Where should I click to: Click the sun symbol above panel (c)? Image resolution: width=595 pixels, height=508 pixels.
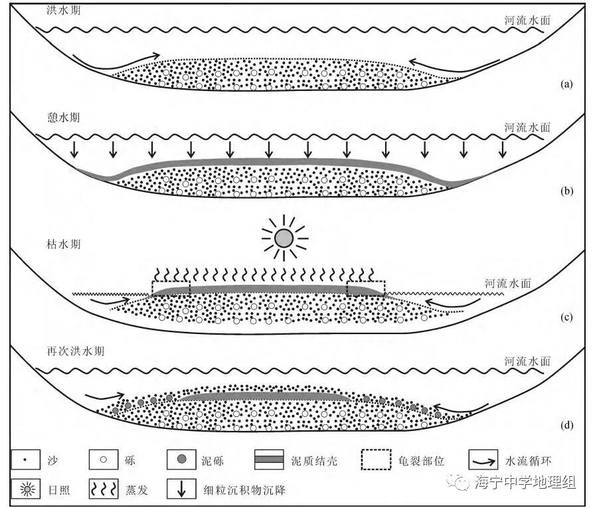pos(284,237)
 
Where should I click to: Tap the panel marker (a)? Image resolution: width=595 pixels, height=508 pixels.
pos(566,84)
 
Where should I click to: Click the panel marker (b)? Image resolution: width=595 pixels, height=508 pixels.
pos(566,191)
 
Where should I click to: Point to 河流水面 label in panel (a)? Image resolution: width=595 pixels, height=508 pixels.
pos(527,21)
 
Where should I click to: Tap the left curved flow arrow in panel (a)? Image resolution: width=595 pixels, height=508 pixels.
pos(116,60)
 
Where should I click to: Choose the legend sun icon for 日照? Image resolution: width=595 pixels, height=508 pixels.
pos(27,491)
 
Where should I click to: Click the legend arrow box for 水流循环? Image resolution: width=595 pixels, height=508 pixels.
pos(485,460)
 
